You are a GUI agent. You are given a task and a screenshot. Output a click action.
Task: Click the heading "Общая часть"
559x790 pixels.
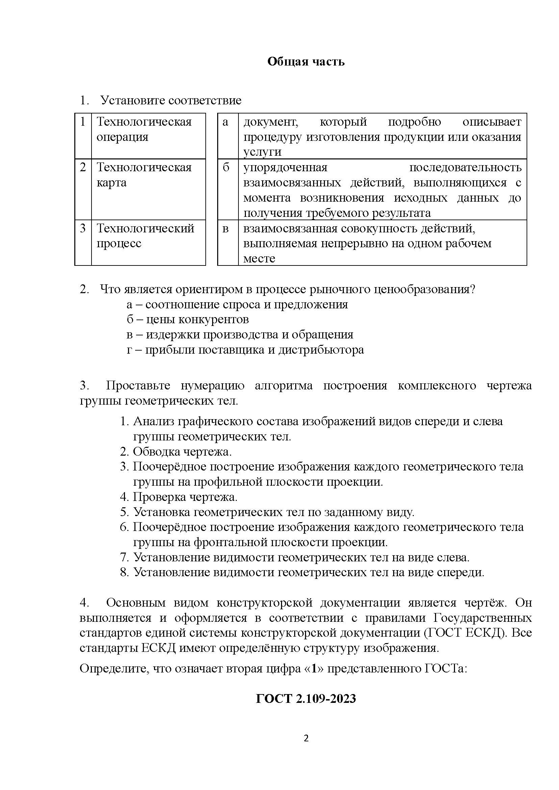(306, 61)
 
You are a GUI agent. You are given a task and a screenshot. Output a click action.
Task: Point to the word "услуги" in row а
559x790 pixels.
(262, 152)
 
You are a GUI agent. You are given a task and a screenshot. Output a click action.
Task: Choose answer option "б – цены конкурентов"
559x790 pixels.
(187, 320)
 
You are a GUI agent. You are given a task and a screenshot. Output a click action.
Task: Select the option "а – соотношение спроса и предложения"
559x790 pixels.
(237, 304)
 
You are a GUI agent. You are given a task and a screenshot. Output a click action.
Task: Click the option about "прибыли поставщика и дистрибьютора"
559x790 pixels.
(245, 350)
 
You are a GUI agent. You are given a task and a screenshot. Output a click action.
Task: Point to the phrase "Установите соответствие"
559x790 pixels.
(171, 101)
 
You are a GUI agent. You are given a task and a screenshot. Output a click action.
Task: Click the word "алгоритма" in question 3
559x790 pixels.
(284, 385)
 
